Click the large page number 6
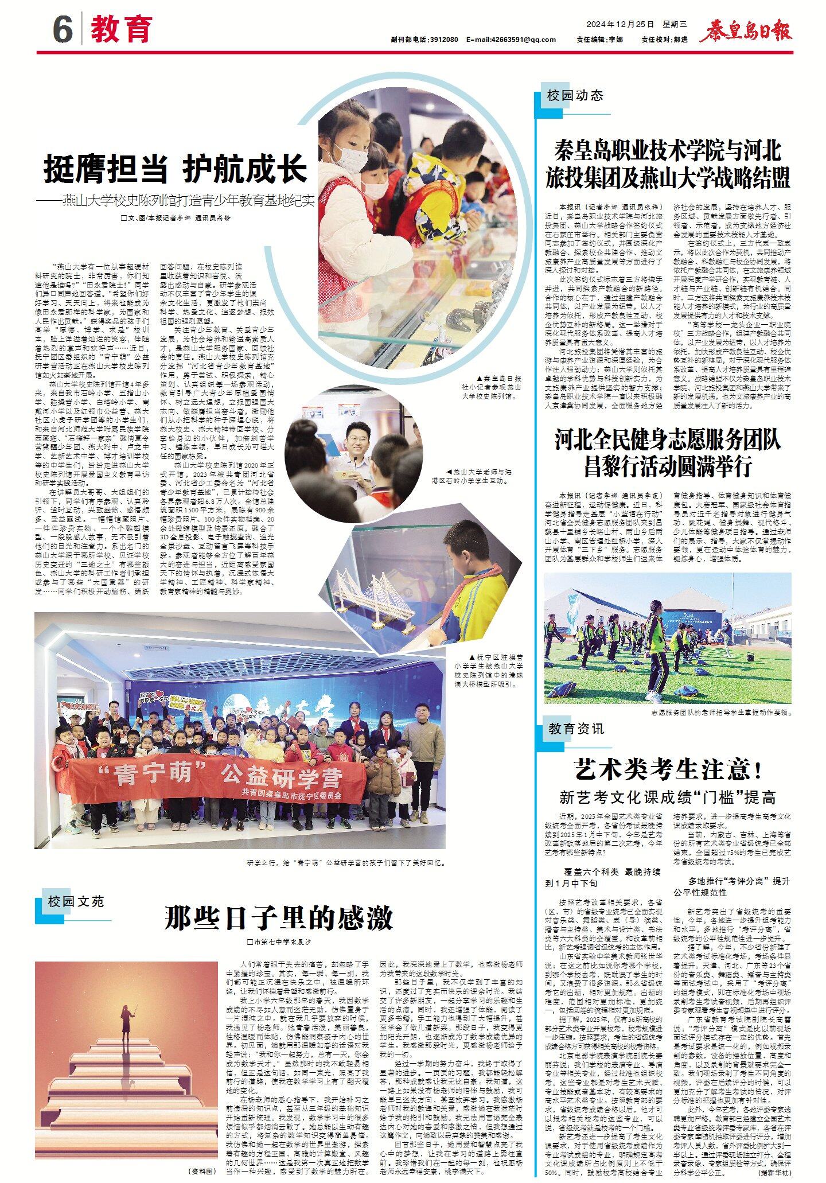tap(63, 29)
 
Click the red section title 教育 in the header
tap(122, 29)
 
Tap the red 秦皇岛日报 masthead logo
tap(745, 30)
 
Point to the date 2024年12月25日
tap(620, 24)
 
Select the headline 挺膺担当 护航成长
tap(176, 169)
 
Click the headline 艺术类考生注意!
tap(668, 769)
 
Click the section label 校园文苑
tap(76, 901)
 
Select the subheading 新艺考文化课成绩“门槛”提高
tap(668, 797)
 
